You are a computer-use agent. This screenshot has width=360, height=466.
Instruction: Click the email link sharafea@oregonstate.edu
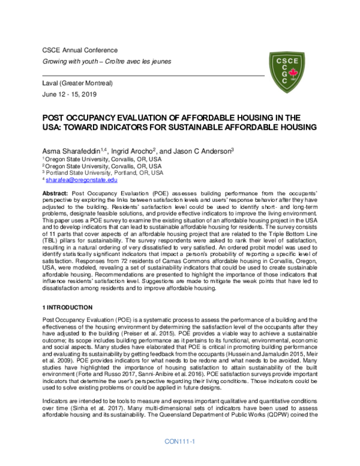coord(82,180)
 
